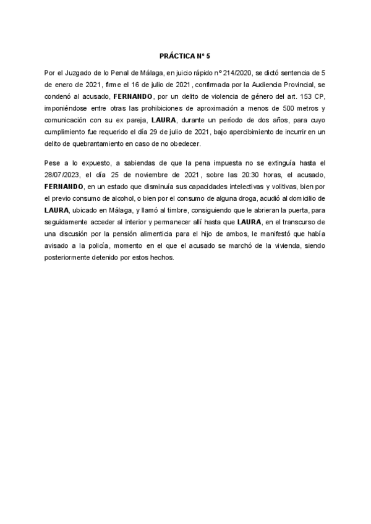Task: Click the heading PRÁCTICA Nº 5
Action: pos(185,54)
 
